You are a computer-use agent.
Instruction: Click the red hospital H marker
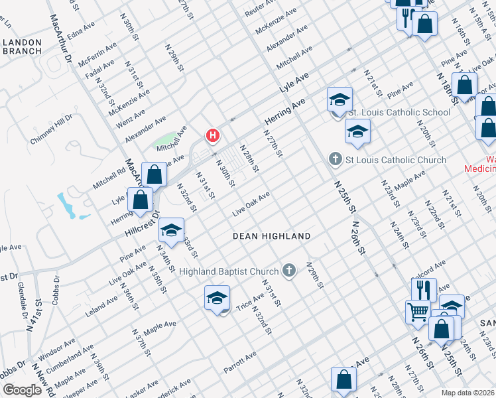coord(212,136)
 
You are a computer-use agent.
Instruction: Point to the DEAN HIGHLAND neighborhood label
coord(271,236)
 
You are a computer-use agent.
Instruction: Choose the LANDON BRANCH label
coord(22,46)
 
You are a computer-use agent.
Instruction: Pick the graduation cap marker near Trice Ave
coord(217,298)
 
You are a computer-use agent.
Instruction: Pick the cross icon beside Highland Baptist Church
coord(288,270)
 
